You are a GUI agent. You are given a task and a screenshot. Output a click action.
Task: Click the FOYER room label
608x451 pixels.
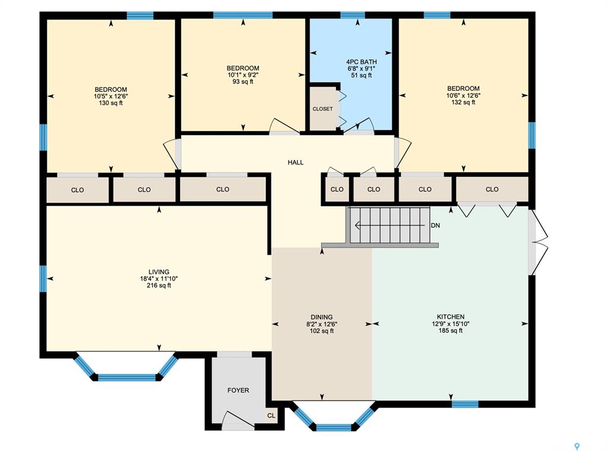(238, 390)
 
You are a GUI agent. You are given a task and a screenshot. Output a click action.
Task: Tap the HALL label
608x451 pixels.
(296, 163)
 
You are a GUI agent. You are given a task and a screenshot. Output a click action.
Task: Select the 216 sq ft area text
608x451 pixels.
(159, 285)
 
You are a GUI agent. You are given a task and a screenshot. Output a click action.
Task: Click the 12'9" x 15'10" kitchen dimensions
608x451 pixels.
(451, 324)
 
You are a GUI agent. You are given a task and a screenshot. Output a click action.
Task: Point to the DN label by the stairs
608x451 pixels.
(435, 225)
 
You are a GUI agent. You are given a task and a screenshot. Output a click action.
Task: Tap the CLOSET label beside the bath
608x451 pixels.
(322, 109)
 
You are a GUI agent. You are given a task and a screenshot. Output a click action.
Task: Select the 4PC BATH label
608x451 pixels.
(362, 62)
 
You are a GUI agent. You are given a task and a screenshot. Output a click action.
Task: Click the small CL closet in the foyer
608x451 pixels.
(271, 415)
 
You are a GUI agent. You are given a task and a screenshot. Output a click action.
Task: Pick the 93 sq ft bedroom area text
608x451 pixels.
(243, 82)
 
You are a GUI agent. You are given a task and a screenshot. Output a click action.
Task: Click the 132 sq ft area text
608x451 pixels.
(463, 102)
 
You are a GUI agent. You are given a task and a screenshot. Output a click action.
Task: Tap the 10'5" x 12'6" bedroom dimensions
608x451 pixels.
(111, 96)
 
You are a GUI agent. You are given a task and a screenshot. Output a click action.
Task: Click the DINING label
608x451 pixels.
(322, 317)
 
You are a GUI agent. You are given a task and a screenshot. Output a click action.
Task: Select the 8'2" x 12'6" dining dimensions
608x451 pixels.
(322, 324)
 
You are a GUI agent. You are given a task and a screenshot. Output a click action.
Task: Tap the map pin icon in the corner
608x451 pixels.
(577, 447)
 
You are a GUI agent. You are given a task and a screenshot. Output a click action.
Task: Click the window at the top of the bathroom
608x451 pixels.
(353, 15)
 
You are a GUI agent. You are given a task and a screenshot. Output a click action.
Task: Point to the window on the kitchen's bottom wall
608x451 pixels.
(465, 404)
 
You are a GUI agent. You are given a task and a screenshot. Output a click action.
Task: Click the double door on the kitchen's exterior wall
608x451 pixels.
(539, 243)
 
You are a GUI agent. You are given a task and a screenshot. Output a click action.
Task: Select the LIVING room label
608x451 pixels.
(159, 272)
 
